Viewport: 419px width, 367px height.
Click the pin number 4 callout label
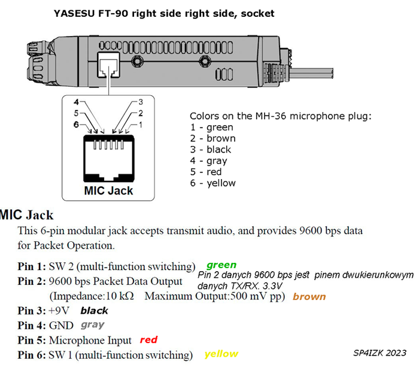(77, 102)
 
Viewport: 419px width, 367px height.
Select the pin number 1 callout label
(140, 125)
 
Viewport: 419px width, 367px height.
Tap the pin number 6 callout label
(77, 125)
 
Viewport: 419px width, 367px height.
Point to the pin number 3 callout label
(141, 102)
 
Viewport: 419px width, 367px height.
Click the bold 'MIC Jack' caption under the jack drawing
(108, 190)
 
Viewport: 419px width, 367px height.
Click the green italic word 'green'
(221, 265)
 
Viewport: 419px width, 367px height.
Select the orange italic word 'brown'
(309, 296)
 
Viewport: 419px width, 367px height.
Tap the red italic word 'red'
(148, 339)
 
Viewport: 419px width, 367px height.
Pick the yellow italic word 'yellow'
(221, 354)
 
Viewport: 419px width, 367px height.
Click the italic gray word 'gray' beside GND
(92, 325)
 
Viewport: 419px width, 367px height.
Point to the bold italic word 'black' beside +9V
(95, 311)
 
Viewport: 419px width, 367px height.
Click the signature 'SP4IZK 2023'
(379, 353)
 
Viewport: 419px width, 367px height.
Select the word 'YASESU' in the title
(74, 13)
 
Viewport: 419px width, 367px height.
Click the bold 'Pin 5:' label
(32, 340)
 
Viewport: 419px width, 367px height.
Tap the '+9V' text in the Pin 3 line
(59, 311)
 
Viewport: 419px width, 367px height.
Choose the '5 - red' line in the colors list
(206, 172)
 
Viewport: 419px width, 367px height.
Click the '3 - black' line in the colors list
(211, 150)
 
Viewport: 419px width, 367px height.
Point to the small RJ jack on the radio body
(108, 65)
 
